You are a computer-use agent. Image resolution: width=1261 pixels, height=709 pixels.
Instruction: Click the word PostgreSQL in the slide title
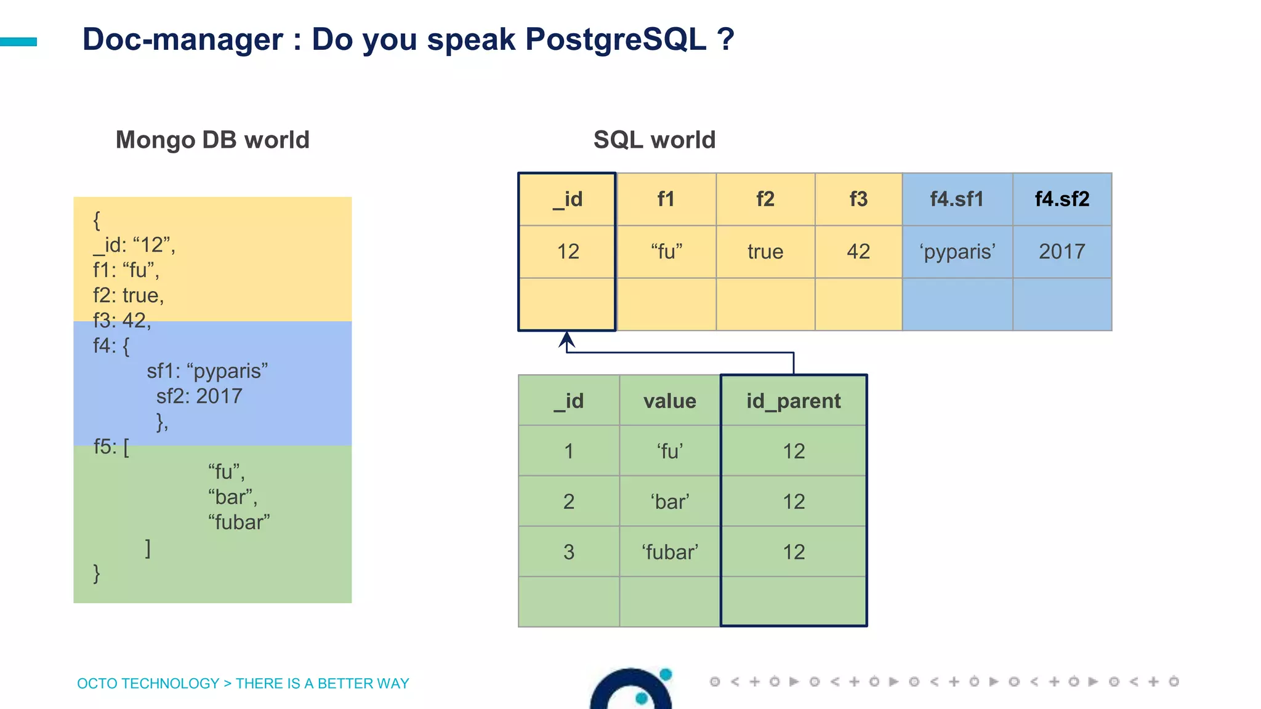(x=616, y=40)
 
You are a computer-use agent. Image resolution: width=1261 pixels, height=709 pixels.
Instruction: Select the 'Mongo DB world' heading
(x=212, y=140)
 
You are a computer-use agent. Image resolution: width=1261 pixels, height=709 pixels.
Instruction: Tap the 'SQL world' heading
(x=654, y=140)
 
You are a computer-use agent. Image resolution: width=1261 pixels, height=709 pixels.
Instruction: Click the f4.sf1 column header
(x=957, y=199)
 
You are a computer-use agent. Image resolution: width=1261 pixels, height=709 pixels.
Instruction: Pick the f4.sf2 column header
(x=1062, y=199)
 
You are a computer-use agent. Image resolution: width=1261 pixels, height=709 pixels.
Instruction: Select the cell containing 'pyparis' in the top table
(x=957, y=251)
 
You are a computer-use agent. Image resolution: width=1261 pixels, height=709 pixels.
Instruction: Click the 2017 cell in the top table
(x=1062, y=251)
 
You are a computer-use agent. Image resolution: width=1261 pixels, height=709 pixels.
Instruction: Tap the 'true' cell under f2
(x=765, y=251)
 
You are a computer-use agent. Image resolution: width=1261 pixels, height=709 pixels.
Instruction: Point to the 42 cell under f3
(x=858, y=251)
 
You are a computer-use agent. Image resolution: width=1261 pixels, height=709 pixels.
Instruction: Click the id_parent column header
(x=793, y=401)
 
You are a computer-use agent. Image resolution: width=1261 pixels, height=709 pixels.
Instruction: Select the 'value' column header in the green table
(x=669, y=401)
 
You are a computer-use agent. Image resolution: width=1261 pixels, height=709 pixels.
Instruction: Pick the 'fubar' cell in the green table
(x=669, y=551)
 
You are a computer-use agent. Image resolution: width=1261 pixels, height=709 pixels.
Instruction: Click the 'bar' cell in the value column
(x=669, y=501)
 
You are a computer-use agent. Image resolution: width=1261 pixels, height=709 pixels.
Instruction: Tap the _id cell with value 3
(x=568, y=551)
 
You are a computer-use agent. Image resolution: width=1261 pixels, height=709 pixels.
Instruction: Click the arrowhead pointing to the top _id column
(x=566, y=338)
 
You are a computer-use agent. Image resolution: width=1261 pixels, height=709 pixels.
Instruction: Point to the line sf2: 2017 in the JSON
(x=199, y=396)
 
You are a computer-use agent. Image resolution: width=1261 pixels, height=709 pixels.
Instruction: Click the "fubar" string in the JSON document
(x=239, y=522)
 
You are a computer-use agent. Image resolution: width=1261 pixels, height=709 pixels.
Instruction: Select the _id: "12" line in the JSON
(x=134, y=245)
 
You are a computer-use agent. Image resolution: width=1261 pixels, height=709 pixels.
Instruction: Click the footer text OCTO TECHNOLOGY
(x=148, y=683)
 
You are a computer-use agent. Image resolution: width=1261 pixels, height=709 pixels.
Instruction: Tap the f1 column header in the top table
(x=666, y=199)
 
